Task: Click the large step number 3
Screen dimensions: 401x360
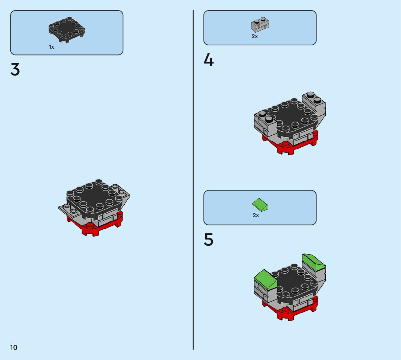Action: (15, 70)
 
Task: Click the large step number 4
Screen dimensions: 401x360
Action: (208, 60)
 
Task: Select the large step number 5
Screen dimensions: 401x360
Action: (208, 240)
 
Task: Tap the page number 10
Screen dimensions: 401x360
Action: (13, 348)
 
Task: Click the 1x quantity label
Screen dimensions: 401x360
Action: (51, 47)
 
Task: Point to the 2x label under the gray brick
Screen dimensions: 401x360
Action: (255, 36)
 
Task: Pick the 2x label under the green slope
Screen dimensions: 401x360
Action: (256, 215)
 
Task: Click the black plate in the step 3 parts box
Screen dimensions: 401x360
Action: (67, 29)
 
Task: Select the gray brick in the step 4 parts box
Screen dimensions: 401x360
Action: (260, 25)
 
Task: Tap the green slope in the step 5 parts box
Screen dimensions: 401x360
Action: (260, 205)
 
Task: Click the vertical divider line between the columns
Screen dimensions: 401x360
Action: (193, 181)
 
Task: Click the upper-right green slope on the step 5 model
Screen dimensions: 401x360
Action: (314, 261)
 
